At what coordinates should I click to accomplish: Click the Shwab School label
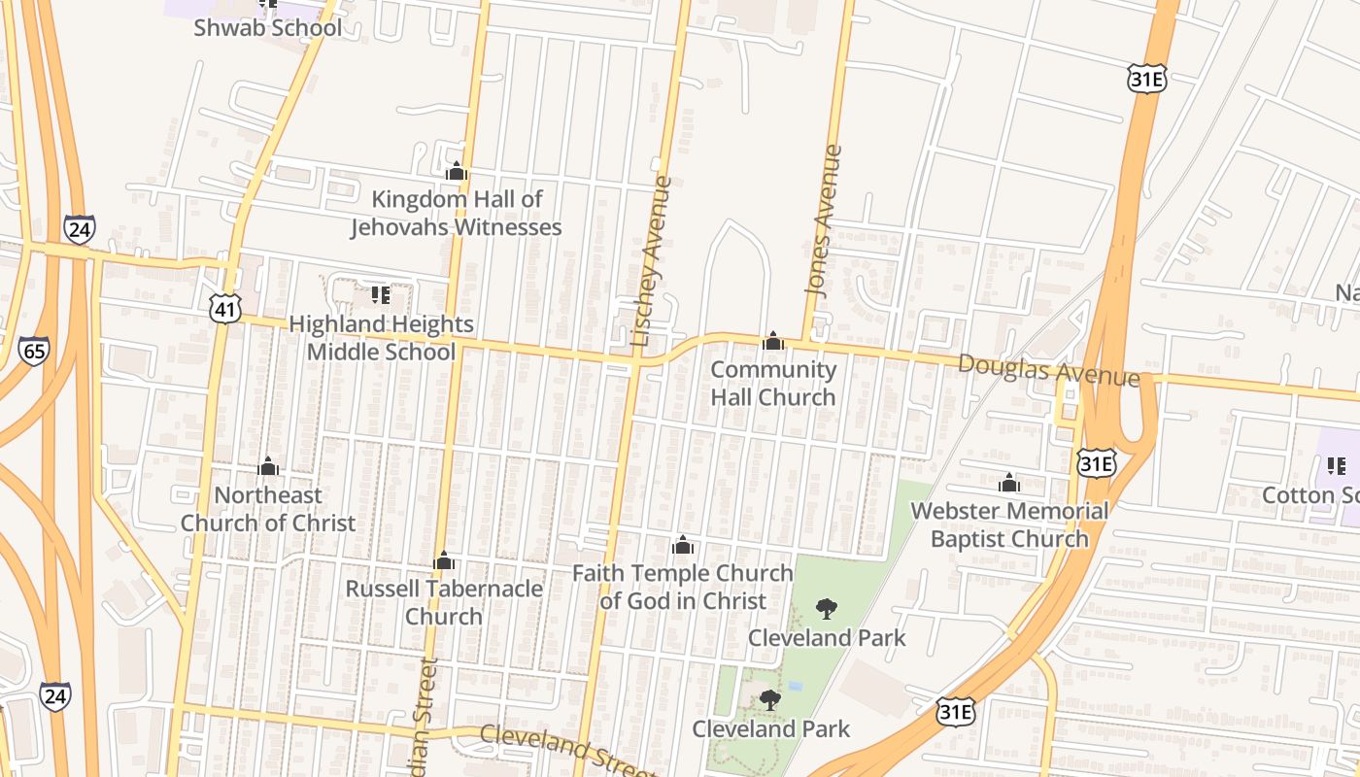(267, 27)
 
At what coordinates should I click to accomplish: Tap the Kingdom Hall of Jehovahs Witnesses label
(456, 213)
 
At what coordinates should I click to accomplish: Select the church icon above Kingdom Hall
(456, 172)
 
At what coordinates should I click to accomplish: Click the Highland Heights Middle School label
(381, 337)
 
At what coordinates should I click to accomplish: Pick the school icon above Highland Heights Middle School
(380, 293)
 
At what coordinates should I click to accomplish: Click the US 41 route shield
(223, 309)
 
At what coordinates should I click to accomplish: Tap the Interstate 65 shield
(34, 350)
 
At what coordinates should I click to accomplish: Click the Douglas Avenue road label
(1048, 369)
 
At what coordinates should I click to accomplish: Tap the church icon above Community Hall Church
(773, 341)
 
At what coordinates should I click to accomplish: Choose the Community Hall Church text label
(773, 383)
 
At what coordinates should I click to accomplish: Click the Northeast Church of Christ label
(268, 508)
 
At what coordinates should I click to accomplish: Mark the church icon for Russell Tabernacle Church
(444, 560)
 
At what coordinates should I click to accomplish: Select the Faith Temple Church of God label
(683, 587)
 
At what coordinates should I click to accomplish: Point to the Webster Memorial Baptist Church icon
(1009, 482)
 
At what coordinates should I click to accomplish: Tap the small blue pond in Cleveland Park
(796, 686)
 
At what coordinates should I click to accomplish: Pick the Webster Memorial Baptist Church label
(1009, 524)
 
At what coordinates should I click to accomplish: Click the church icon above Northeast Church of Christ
(268, 466)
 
